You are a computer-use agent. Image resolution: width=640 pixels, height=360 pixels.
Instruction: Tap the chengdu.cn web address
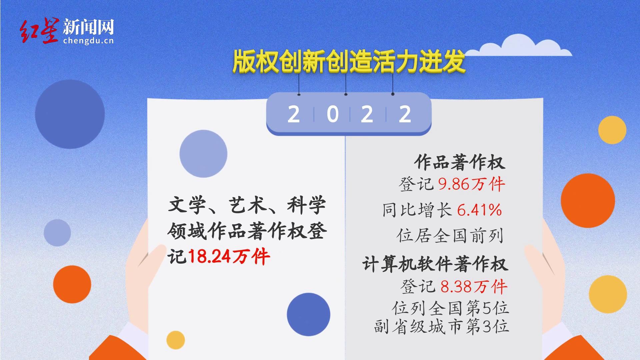click(x=88, y=41)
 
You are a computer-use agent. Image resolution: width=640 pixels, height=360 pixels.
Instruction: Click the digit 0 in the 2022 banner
click(x=333, y=114)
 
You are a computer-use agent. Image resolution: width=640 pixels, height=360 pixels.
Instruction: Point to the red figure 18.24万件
click(x=229, y=257)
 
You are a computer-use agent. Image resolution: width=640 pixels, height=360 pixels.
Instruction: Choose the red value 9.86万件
click(x=472, y=184)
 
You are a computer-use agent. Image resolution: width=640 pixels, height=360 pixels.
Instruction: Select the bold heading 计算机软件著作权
click(x=435, y=264)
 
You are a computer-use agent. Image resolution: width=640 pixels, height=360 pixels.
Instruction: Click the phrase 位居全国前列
click(x=450, y=236)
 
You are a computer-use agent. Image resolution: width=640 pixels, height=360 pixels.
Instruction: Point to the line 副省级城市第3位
click(x=442, y=326)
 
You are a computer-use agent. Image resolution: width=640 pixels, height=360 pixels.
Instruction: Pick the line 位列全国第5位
click(x=451, y=308)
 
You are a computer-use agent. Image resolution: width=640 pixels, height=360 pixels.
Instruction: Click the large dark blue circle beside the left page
click(x=70, y=114)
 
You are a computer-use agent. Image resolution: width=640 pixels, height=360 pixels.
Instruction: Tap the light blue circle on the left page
click(x=203, y=154)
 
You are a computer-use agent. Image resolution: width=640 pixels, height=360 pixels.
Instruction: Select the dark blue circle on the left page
click(x=309, y=315)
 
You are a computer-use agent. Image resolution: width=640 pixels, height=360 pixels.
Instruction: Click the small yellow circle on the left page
click(x=175, y=340)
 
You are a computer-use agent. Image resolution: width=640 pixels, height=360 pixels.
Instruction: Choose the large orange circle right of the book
click(x=588, y=201)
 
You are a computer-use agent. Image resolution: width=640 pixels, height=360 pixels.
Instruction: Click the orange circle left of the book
click(x=72, y=284)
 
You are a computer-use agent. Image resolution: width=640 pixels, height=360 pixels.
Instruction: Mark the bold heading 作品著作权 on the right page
click(x=460, y=163)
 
